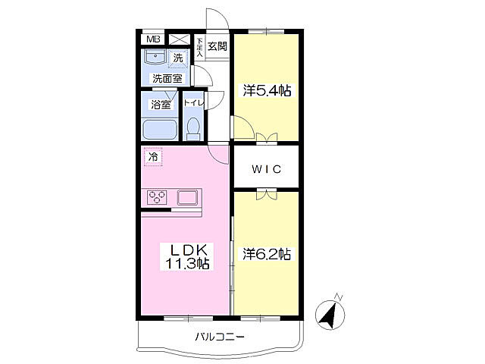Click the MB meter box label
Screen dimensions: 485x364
pyautogui.click(x=153, y=39)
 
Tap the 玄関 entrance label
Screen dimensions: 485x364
pyautogui.click(x=217, y=46)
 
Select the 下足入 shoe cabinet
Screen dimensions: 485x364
pyautogui.click(x=199, y=47)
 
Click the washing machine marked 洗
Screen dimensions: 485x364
pyautogui.click(x=178, y=58)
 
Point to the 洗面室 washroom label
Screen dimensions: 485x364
pyautogui.click(x=167, y=78)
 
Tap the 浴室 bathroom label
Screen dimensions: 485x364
pyautogui.click(x=161, y=105)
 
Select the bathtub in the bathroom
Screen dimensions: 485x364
pyautogui.click(x=160, y=130)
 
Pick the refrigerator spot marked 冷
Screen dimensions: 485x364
pyautogui.click(x=153, y=157)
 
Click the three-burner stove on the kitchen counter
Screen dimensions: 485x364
pyautogui.click(x=157, y=197)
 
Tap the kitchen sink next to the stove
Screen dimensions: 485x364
pyautogui.click(x=187, y=197)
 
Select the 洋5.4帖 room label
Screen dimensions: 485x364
pyautogui.click(x=267, y=90)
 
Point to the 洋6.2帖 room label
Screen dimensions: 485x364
pyautogui.click(x=267, y=254)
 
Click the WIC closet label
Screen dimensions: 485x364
pyautogui.click(x=266, y=169)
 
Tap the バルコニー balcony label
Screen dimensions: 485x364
pyautogui.click(x=220, y=336)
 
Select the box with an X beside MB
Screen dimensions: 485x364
pyautogui.click(x=180, y=39)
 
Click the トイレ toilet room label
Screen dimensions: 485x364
pyautogui.click(x=194, y=103)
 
